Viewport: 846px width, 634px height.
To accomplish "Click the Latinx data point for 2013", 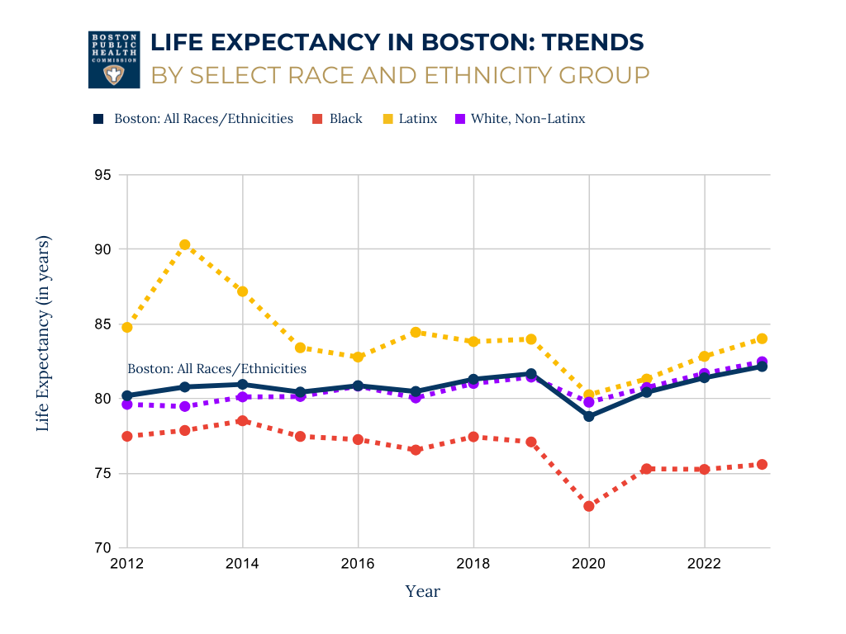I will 185,245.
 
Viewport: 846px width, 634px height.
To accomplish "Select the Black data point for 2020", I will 589,506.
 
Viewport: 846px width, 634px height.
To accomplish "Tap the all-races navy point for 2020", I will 589,416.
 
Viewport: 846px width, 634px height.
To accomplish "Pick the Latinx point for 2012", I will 127,328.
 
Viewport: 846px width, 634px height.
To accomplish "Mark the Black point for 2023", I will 762,465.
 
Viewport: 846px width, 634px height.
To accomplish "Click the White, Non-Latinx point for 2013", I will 185,406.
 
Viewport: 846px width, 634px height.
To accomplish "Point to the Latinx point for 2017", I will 416,333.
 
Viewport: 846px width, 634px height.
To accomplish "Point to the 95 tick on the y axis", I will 102,175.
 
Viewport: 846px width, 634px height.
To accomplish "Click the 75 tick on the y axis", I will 102,474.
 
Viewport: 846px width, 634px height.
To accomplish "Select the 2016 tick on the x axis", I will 358,564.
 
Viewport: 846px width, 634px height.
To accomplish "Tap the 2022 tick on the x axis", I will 704,564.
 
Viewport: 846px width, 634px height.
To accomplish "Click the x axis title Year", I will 422,591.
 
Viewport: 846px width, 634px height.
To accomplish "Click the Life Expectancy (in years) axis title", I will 44,334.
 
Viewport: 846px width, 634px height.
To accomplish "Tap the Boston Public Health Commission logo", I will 114,59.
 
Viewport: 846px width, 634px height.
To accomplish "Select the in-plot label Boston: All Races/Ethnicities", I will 216,369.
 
